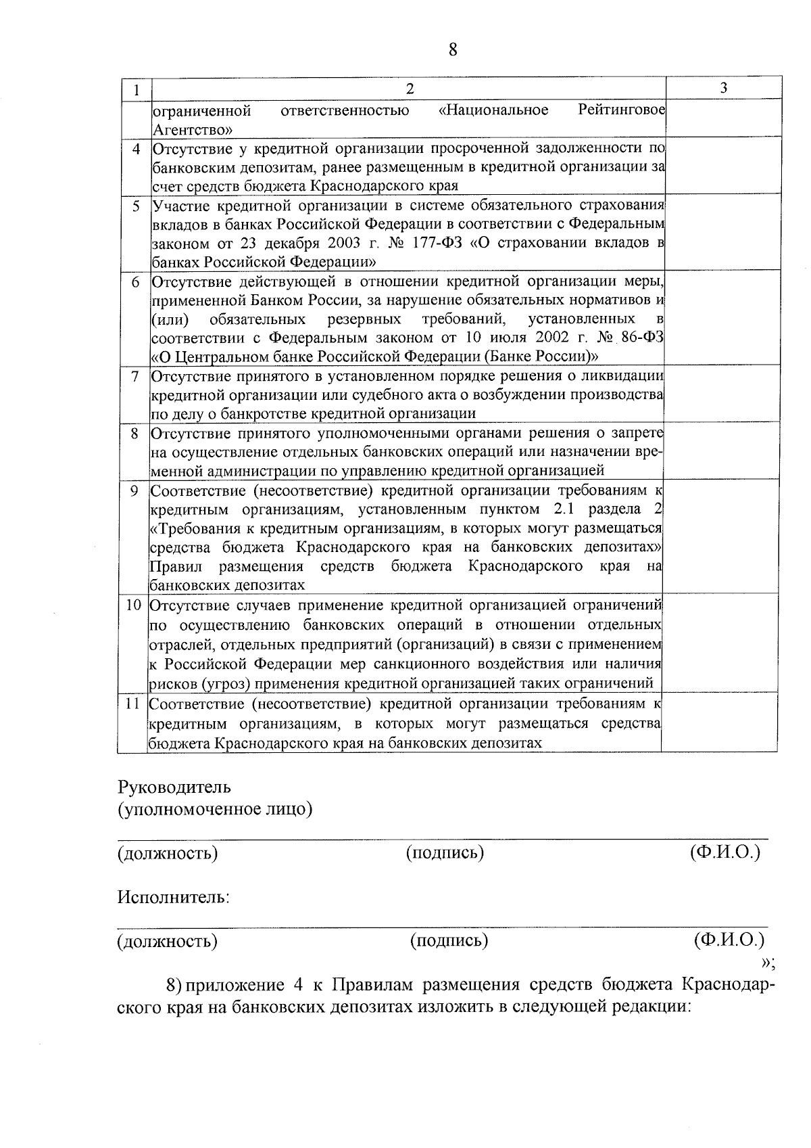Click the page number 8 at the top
(453, 50)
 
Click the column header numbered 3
(724, 88)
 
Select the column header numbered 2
(409, 89)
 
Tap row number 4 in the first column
(137, 149)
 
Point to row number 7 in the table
(135, 375)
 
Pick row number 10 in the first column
(133, 605)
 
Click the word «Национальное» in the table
(493, 110)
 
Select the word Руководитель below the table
(174, 787)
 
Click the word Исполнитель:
(174, 898)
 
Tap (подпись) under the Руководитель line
(445, 853)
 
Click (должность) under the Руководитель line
(168, 853)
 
